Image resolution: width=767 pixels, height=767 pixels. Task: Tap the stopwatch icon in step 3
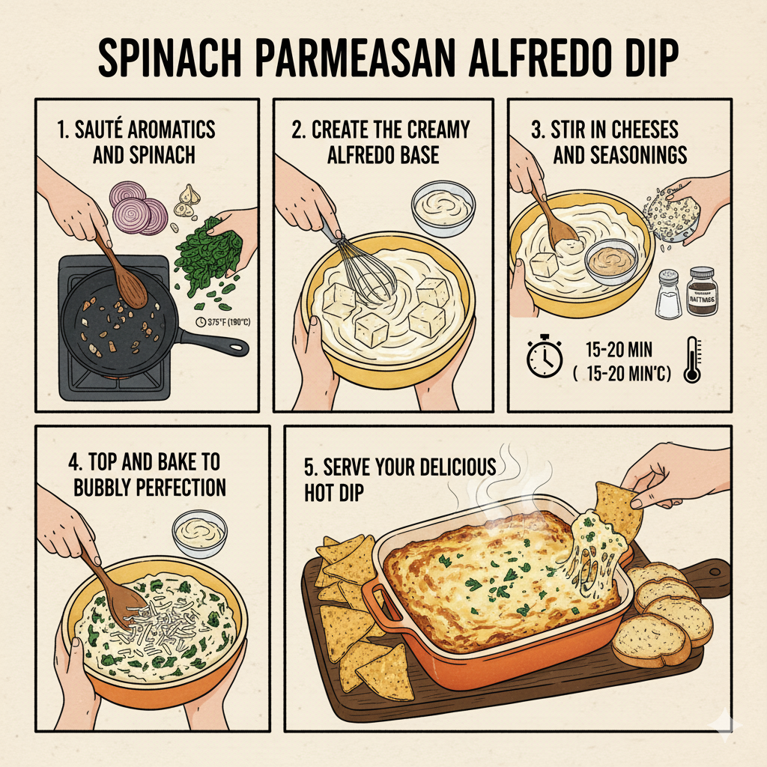point(544,359)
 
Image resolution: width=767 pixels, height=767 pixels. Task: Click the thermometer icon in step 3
point(691,360)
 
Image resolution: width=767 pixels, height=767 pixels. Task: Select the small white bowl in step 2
point(443,207)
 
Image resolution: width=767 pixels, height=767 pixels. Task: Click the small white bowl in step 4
point(199,533)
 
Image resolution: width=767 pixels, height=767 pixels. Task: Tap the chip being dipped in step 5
point(619,509)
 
